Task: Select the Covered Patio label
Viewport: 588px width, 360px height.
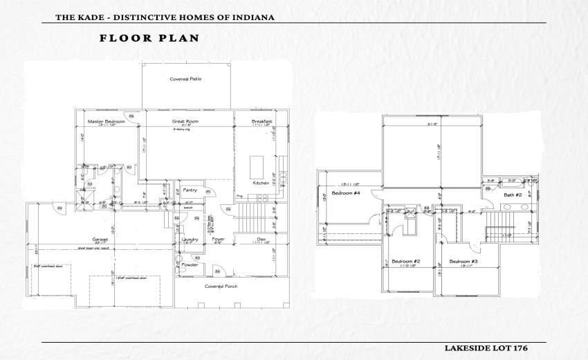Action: pos(185,79)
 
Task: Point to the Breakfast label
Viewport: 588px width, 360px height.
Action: pos(261,121)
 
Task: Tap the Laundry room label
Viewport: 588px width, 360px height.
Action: pos(190,239)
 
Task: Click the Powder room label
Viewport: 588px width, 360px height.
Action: pos(190,264)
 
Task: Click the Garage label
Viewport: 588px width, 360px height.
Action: pos(101,239)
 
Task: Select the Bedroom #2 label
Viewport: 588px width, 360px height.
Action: pos(406,262)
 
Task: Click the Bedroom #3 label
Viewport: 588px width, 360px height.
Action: pos(463,262)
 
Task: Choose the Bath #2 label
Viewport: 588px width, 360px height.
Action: pos(512,195)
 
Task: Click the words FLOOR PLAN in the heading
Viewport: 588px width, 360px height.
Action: pos(149,38)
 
